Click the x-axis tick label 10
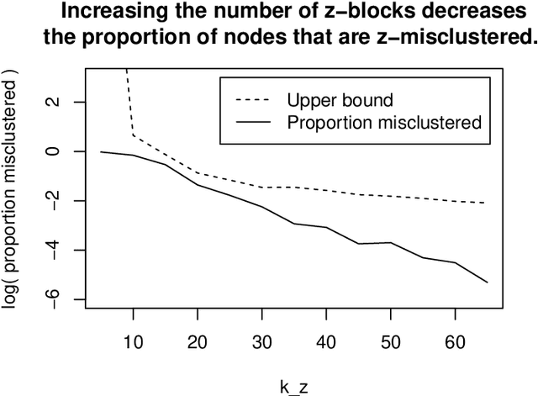point(133,345)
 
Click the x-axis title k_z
point(293,386)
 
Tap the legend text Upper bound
point(340,101)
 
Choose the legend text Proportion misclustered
point(383,123)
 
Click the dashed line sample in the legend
point(254,101)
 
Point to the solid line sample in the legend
point(254,123)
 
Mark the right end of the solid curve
point(487,282)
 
